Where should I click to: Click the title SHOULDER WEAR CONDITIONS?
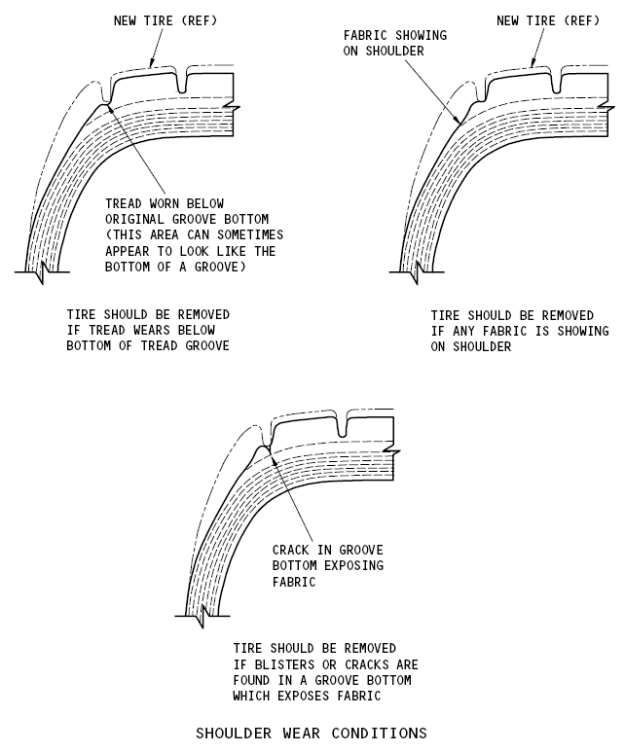tap(312, 733)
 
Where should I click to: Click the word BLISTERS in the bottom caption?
tap(282, 664)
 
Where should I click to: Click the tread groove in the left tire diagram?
tap(182, 85)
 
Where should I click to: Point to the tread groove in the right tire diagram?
tap(556, 84)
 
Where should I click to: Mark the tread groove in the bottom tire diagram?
tap(341, 426)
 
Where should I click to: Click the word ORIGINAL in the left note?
tap(137, 220)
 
